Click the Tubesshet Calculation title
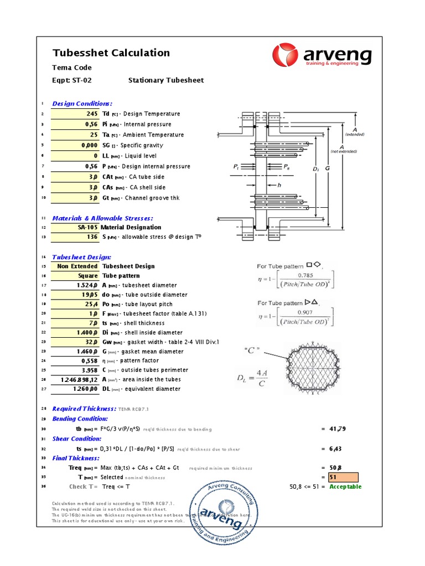[111, 53]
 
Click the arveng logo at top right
[322, 56]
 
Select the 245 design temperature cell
[75, 114]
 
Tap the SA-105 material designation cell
[75, 227]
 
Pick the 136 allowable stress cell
[75, 237]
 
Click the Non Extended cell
[75, 266]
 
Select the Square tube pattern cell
[75, 275]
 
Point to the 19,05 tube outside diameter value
[75, 295]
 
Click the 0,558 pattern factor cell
[75, 360]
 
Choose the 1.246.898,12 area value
[75, 380]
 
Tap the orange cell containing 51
[344, 477]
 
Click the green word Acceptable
[345, 487]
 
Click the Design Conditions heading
[82, 103]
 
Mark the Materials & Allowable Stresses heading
[102, 218]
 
